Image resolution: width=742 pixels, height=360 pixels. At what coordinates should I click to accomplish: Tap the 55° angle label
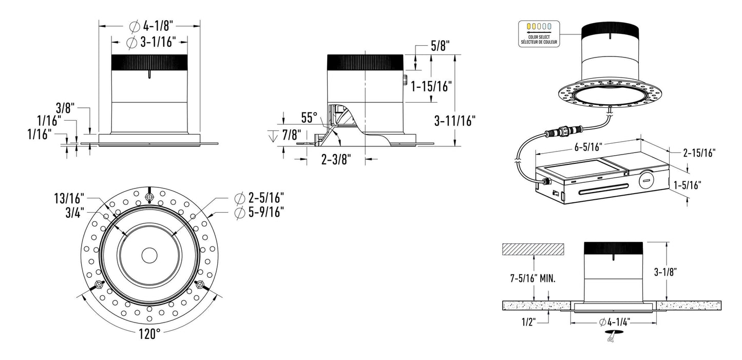[x=310, y=117]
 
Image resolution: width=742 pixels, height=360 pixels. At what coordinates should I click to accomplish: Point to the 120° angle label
[x=149, y=334]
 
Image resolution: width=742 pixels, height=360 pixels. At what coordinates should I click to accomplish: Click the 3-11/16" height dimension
[x=454, y=121]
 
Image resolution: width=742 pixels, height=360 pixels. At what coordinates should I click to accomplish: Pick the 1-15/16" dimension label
[x=431, y=87]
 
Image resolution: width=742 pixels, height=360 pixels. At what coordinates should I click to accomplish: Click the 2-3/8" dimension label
[x=335, y=160]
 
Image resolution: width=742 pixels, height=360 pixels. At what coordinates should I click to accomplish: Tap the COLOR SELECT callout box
[x=539, y=33]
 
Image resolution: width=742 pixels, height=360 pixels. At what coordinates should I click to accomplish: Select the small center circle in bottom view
[x=149, y=254]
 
